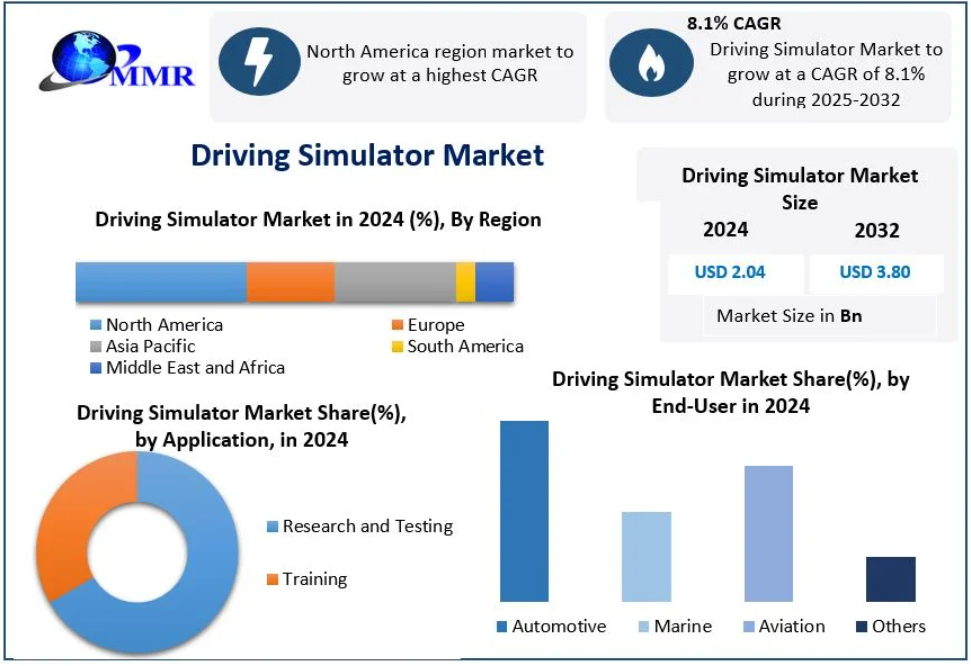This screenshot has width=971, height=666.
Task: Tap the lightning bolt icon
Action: point(259,61)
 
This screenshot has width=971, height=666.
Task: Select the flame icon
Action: point(650,62)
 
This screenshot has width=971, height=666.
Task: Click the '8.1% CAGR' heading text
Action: point(734,23)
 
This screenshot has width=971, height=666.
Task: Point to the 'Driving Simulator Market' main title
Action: point(368,155)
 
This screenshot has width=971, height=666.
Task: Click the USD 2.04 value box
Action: point(730,272)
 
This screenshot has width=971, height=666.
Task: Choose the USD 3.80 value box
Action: point(875,272)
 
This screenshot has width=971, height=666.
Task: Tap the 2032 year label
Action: point(876,230)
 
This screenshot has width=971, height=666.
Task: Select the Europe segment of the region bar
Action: point(290,282)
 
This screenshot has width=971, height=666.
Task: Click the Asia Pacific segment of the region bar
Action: point(395,282)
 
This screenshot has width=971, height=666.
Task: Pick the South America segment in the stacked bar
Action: point(465,282)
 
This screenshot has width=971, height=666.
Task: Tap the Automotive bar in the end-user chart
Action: point(524,511)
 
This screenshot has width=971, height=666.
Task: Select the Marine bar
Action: point(646,556)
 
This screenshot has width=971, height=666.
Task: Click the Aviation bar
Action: point(768,533)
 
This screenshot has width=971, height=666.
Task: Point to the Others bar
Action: point(890,579)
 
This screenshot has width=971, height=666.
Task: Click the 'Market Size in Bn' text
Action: point(789,316)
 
